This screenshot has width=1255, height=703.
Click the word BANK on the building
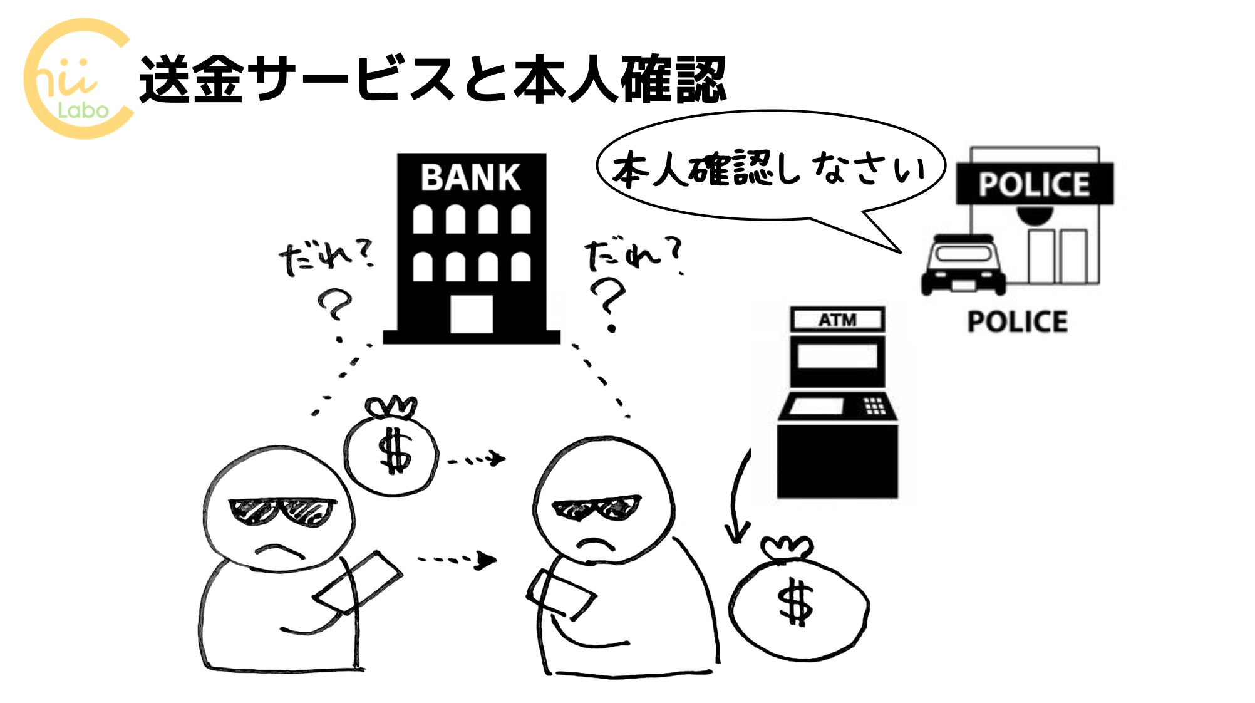click(470, 177)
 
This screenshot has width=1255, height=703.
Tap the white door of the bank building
click(471, 314)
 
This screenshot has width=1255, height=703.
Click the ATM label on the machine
click(837, 320)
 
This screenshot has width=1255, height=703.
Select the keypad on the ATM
click(874, 405)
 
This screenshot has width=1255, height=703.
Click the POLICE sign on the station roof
click(1034, 184)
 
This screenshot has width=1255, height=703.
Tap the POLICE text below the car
click(1017, 322)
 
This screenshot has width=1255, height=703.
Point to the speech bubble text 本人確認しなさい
click(769, 168)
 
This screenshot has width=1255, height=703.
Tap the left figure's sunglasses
click(282, 509)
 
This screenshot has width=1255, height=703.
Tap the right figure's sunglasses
click(596, 507)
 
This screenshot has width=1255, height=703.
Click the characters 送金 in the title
click(191, 80)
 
